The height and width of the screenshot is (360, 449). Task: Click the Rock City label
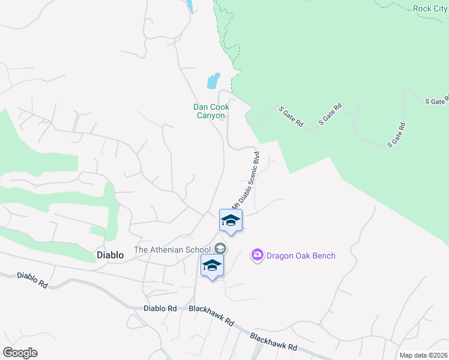(430, 8)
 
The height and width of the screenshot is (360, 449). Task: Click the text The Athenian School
(172, 250)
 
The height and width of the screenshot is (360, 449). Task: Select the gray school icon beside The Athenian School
(220, 248)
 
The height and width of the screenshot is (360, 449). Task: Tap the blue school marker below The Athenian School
(212, 265)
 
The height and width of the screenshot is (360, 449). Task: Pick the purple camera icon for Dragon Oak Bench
(258, 256)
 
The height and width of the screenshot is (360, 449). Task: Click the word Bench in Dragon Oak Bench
(323, 256)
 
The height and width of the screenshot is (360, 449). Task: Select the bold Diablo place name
(110, 255)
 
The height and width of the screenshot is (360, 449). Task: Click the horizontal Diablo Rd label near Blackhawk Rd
(160, 308)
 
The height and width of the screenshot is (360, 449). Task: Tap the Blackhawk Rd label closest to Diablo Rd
(211, 315)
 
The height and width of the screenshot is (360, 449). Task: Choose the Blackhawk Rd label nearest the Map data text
(274, 343)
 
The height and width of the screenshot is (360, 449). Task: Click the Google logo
(20, 353)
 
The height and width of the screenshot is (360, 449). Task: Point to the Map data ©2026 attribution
(423, 355)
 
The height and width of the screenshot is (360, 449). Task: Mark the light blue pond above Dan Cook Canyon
(213, 80)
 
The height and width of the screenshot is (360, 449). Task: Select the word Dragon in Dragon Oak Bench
(281, 256)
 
